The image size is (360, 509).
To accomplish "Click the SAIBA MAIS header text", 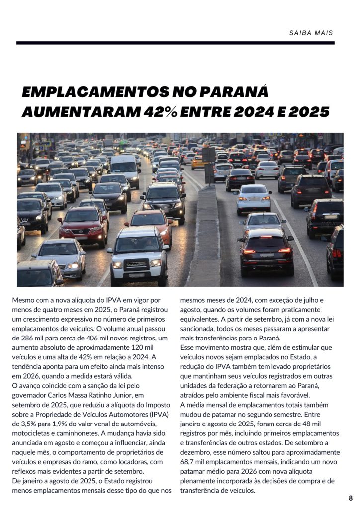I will pos(311,33).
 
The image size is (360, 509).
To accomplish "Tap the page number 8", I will pos(351,498).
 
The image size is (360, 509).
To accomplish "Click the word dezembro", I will pos(196,452).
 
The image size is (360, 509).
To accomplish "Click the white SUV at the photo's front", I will pos(138,254).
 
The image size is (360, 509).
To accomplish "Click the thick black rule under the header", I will pos(175,43).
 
